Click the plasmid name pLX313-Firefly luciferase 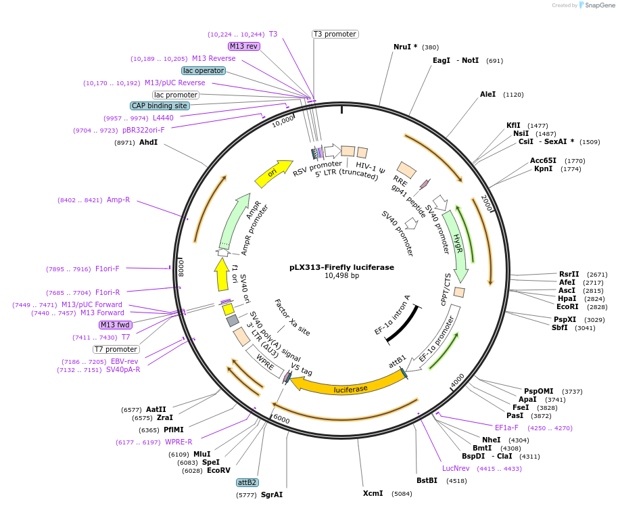coord(341,267)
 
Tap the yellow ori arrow coord(272,174)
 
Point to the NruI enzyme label coord(406,47)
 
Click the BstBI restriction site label coord(427,481)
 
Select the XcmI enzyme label coord(373,493)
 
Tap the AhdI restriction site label coord(148,143)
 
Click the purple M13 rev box coord(243,46)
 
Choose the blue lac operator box coord(204,70)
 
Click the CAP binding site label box coord(160,106)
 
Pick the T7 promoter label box coord(116,349)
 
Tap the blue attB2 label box coord(247,482)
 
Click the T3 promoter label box coord(335,34)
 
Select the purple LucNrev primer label coord(456,468)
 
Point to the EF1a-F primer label coord(506,428)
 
